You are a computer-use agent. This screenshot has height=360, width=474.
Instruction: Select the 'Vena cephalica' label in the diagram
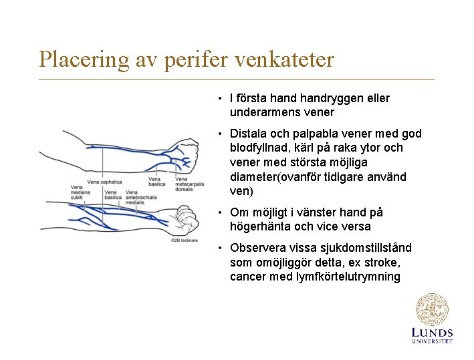coord(104,181)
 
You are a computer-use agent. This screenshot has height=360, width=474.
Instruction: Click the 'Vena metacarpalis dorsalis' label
coord(190,184)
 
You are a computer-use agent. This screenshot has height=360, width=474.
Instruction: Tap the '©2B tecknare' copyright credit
coord(185,239)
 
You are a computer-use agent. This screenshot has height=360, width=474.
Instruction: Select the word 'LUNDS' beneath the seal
coord(432,333)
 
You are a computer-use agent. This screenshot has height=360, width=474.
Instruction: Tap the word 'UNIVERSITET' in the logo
coord(432,341)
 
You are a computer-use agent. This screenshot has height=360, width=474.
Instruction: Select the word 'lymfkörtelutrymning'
coord(348,277)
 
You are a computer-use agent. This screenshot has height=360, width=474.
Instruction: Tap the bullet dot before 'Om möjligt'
coord(219,212)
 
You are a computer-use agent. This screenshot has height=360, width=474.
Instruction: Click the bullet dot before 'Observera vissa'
coord(219,248)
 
